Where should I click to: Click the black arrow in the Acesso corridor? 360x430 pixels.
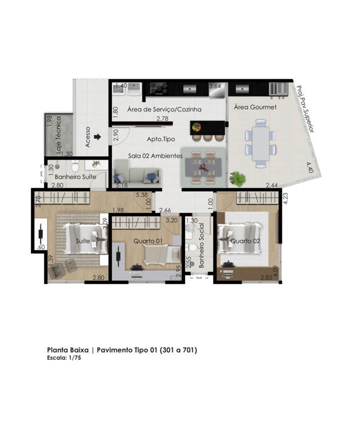pyautogui.click(x=97, y=137)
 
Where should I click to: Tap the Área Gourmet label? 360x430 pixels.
pyautogui.click(x=255, y=107)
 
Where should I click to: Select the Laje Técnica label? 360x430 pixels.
pyautogui.click(x=58, y=135)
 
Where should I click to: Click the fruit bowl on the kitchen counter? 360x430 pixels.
pyautogui.click(x=196, y=127)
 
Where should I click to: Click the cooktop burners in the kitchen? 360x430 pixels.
pyautogui.click(x=159, y=89)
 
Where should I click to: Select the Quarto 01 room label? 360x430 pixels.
pyautogui.click(x=148, y=241)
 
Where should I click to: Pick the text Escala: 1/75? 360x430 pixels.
pyautogui.click(x=64, y=357)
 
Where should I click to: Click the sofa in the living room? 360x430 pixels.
pyautogui.click(x=137, y=172)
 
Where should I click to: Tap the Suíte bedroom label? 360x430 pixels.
pyautogui.click(x=83, y=241)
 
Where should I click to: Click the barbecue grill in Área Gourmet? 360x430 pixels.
pyautogui.click(x=278, y=89)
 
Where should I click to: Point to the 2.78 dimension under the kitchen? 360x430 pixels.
pyautogui.click(x=163, y=119)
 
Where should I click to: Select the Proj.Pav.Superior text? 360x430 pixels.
pyautogui.click(x=305, y=108)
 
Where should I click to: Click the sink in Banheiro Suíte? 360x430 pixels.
pyautogui.click(x=96, y=165)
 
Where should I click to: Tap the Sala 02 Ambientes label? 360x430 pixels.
pyautogui.click(x=155, y=156)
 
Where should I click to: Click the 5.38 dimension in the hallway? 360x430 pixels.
pyautogui.click(x=142, y=195)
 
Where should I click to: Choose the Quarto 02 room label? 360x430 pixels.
pyautogui.click(x=245, y=241)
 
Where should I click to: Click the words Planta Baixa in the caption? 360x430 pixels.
pyautogui.click(x=67, y=350)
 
